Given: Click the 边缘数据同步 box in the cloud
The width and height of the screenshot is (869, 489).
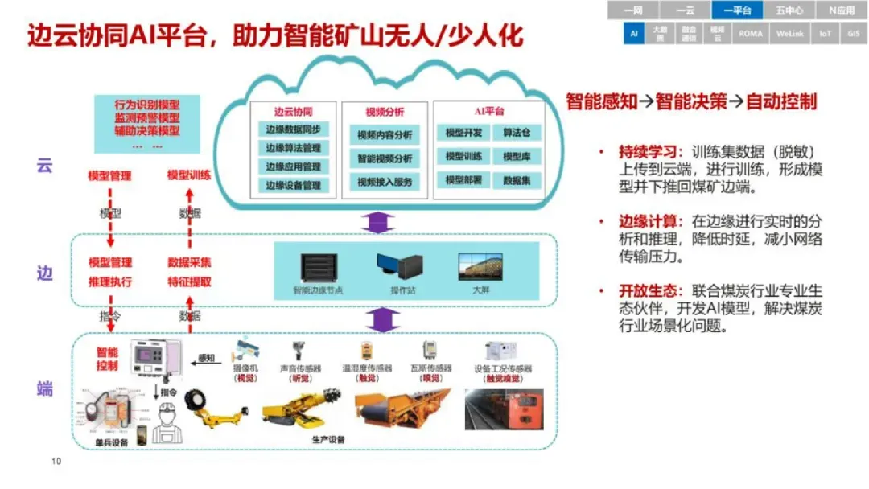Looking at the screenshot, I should coord(293,130).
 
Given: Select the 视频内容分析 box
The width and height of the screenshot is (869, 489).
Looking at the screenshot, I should coord(385,134).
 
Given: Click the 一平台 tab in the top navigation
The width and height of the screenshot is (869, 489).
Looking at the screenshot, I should coord(737,10).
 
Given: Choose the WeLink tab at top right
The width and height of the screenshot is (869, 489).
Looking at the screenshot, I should coord(791,34).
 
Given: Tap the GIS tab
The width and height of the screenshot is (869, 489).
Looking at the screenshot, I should coord(853,34).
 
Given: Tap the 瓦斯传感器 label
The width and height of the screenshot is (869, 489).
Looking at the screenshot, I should coord(431,368).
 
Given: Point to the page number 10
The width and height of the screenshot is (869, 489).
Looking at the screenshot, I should coord(56,461).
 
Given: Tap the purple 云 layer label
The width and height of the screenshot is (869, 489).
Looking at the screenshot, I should coord(45,166).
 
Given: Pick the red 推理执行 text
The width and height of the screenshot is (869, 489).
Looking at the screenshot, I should coord(110,282).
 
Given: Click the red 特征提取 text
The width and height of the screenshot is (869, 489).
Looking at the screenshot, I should coord(189,282).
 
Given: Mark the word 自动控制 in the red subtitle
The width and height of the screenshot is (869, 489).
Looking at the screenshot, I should coord(781,102).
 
